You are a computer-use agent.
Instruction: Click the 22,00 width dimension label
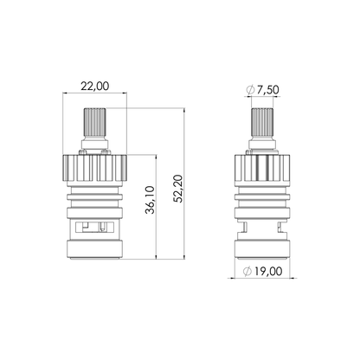pos(95,87)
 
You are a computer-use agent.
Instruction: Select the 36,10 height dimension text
pos(150,200)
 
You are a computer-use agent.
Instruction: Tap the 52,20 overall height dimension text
pos(178,189)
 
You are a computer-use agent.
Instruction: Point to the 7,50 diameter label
pos(267,90)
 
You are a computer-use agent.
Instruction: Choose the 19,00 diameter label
pos(267,271)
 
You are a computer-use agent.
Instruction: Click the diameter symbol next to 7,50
pos(250,90)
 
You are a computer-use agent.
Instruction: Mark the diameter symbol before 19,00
pos(247,272)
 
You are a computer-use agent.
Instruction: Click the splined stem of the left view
pos(94,124)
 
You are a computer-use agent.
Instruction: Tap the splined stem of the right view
pos(262,124)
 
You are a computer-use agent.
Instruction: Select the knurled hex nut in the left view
pos(94,168)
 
